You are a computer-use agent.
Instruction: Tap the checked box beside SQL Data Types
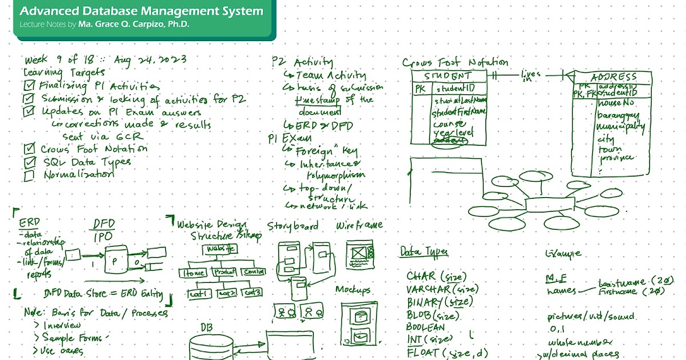click(x=30, y=162)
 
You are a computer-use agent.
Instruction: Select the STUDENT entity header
click(x=449, y=76)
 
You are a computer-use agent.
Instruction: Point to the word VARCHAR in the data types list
click(x=427, y=290)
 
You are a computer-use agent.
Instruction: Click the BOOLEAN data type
click(x=425, y=327)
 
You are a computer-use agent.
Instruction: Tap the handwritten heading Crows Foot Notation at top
click(x=455, y=62)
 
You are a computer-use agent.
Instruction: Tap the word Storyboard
click(x=293, y=226)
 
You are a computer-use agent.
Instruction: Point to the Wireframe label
click(x=359, y=225)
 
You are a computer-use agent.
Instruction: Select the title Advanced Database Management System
click(x=142, y=11)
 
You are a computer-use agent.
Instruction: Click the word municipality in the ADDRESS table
click(x=620, y=126)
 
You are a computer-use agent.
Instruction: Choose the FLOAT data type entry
click(x=422, y=353)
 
